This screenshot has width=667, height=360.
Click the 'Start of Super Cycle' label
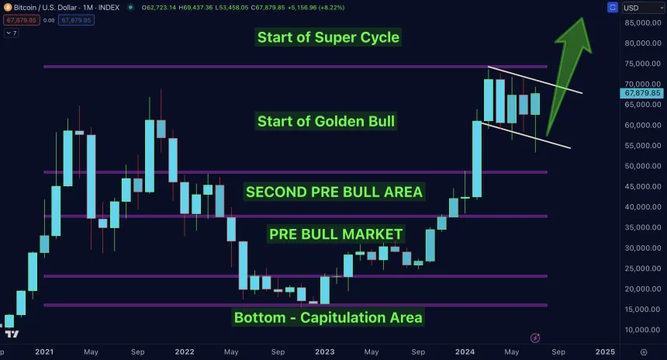click(328, 36)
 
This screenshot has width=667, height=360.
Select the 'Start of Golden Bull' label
click(327, 121)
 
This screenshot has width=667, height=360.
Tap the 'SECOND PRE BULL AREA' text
click(334, 192)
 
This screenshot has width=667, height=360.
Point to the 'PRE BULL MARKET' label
click(336, 234)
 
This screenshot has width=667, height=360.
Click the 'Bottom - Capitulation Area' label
click(328, 317)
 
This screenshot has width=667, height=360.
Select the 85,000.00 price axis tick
click(641, 22)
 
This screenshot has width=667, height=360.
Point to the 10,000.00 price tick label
click(641, 330)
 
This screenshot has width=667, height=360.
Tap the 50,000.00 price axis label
click(641, 166)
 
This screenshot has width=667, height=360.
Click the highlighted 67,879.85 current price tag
click(641, 93)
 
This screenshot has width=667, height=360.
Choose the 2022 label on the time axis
click(184, 351)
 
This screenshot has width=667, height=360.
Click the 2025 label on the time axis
click(605, 351)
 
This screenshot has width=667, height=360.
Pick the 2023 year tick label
click(324, 351)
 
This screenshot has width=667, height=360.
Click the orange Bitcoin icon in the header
click(7, 7)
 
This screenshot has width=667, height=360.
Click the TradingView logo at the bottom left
click(12, 334)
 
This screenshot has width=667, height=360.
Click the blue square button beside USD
click(612, 8)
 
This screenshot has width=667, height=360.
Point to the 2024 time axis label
click(465, 351)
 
